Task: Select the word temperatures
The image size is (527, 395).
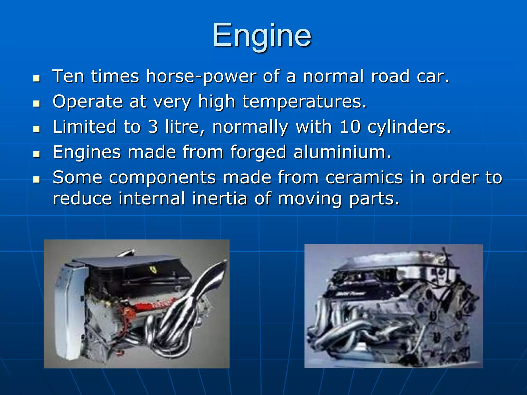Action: point(304,102)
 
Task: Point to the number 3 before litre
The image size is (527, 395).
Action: point(153,127)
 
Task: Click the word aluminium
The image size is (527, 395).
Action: point(342,152)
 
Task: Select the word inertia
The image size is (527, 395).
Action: point(219,199)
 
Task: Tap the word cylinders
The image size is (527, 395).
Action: point(409,127)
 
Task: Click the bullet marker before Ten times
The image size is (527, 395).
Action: point(37,78)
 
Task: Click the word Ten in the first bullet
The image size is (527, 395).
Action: point(68,76)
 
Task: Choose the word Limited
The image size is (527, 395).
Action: point(84,127)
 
